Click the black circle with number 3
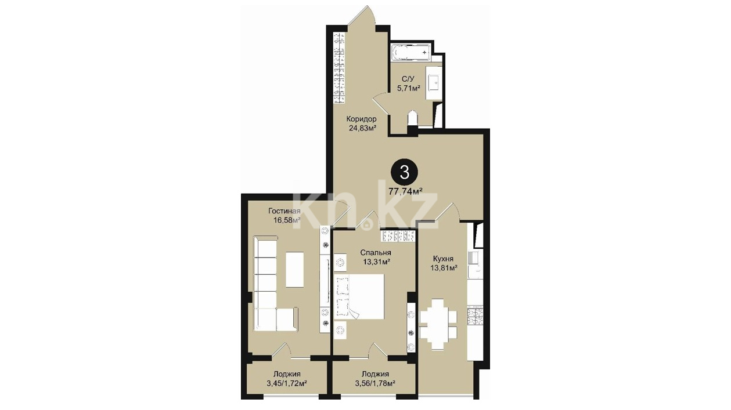[404, 173]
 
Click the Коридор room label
[361, 119]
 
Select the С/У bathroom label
[408, 79]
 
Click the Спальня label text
[376, 253]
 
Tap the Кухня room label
[443, 259]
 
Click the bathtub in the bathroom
[411, 52]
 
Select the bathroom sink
[434, 83]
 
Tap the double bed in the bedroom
[359, 296]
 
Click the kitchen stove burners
[474, 317]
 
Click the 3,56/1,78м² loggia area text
[375, 383]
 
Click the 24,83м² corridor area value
[361, 128]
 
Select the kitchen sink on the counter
[473, 257]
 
